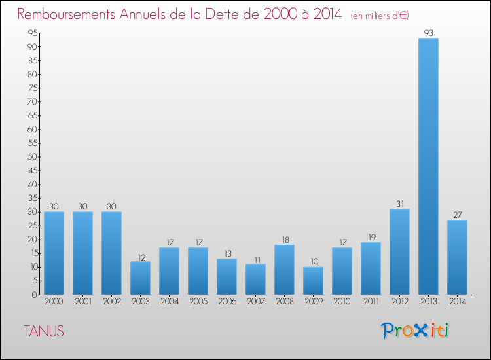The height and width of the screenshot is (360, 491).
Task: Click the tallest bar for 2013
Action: (x=428, y=166)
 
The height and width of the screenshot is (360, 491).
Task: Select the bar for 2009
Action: (x=313, y=281)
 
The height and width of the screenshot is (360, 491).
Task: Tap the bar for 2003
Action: (x=140, y=278)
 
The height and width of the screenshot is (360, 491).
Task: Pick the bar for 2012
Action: (x=399, y=252)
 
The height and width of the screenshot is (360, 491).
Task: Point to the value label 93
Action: (x=428, y=32)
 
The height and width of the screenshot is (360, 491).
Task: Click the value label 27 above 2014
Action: (x=457, y=214)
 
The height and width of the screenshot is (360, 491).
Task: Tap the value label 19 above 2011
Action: (x=371, y=236)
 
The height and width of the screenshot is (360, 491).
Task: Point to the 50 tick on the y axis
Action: (x=31, y=157)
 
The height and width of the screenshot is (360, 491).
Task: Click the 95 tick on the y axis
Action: (x=31, y=33)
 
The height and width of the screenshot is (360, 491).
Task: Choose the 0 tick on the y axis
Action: (x=33, y=295)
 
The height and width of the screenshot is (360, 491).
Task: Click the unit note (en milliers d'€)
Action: (x=380, y=15)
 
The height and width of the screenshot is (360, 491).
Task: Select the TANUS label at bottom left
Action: (x=44, y=331)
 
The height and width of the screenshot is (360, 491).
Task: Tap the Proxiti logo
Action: (x=415, y=331)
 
